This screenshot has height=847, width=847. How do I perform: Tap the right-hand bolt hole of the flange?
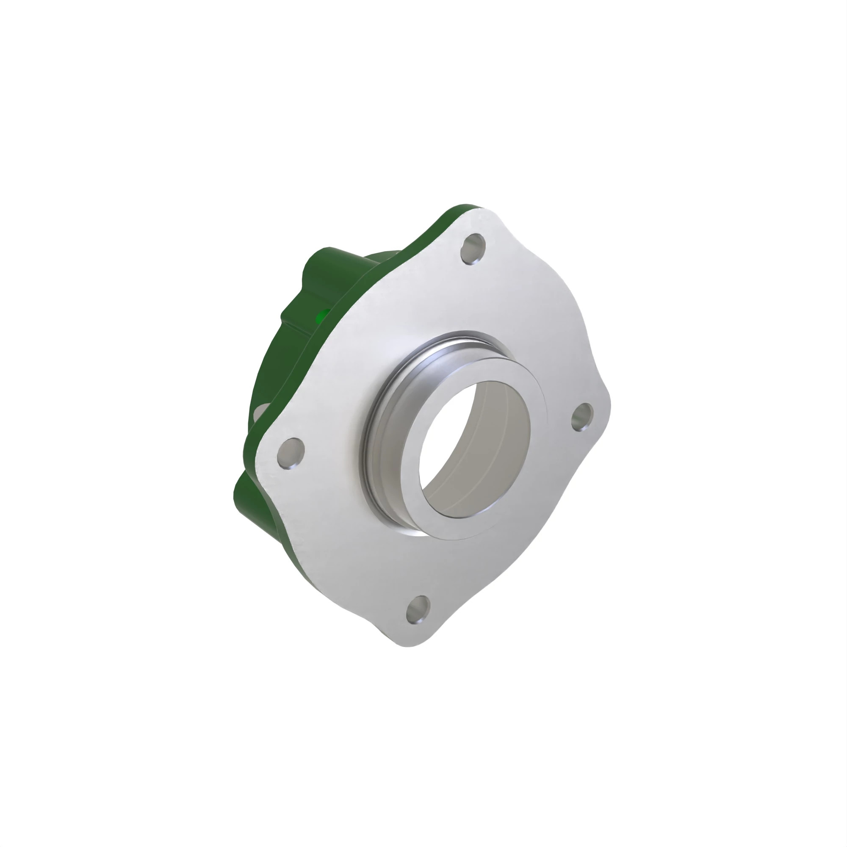click(583, 417)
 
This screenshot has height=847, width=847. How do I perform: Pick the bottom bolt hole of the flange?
click(418, 609)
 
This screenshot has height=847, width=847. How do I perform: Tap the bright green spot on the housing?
click(324, 314)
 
